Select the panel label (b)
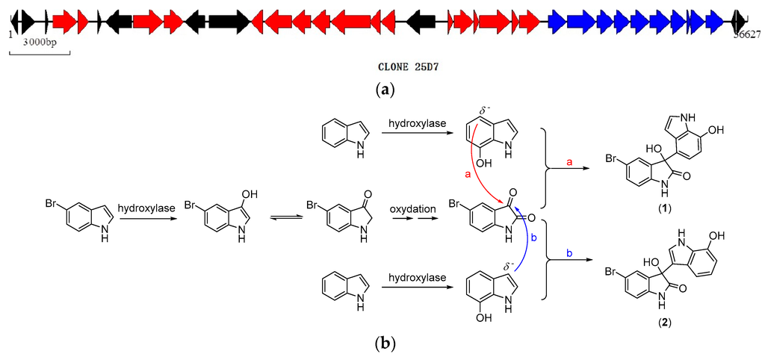click(383, 344)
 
